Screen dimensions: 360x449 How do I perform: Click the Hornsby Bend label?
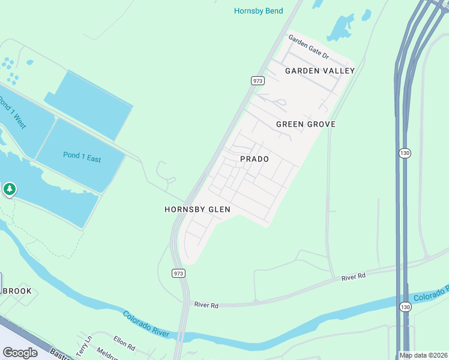coord(258,11)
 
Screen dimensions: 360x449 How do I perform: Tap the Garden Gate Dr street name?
coord(309,47)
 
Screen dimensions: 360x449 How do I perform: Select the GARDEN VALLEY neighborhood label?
coord(320,71)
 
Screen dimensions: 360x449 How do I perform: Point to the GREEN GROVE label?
coord(306,124)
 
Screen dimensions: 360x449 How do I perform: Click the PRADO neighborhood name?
coord(254,159)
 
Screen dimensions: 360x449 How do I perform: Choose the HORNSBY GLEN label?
coord(197,209)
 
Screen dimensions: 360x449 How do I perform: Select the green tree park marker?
coord(9,190)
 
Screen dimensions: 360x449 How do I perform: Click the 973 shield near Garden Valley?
coord(258,80)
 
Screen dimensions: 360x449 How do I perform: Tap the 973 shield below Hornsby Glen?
coord(178,273)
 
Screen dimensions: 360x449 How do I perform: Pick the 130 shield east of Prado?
coord(405,154)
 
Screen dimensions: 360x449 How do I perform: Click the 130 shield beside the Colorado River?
coord(406,307)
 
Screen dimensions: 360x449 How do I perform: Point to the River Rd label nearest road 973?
coord(206,305)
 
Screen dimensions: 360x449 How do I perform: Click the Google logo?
coord(20,352)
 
